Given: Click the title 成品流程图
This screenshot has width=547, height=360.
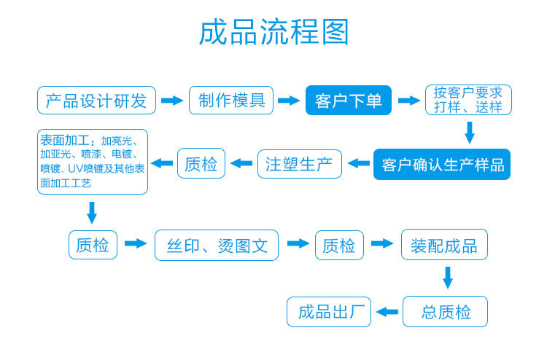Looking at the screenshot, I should pyautogui.click(x=273, y=33).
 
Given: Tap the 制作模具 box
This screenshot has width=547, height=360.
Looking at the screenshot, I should pyautogui.click(x=231, y=101).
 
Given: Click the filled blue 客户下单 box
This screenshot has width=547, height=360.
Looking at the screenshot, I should pyautogui.click(x=349, y=101).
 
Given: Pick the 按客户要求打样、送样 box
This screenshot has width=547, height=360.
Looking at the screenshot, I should pyautogui.click(x=468, y=100).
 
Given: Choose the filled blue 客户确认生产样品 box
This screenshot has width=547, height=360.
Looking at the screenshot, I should pyautogui.click(x=442, y=164).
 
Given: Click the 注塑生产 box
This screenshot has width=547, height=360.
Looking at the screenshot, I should pyautogui.click(x=299, y=164).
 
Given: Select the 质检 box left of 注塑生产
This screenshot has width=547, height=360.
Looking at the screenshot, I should pyautogui.click(x=201, y=164).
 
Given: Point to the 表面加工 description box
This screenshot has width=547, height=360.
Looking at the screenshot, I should pyautogui.click(x=93, y=162).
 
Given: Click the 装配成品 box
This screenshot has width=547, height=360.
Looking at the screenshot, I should pyautogui.click(x=444, y=245).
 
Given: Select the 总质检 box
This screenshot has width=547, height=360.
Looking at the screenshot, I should pyautogui.click(x=445, y=311).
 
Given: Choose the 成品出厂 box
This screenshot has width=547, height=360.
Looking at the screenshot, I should pyautogui.click(x=329, y=311).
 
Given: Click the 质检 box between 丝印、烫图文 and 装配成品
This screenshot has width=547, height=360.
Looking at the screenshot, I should pyautogui.click(x=339, y=245).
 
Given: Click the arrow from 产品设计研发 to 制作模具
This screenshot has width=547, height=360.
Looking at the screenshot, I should pyautogui.click(x=172, y=101).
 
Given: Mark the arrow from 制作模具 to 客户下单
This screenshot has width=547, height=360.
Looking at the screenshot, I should pyautogui.click(x=289, y=101).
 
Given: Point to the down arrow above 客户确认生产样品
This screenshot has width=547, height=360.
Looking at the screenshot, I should pyautogui.click(x=470, y=132).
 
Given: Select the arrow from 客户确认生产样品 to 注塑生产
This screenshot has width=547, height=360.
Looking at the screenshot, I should pyautogui.click(x=358, y=164).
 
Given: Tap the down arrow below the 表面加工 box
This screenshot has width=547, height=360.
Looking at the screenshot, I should pyautogui.click(x=92, y=212).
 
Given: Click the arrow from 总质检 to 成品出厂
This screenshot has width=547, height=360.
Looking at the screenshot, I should pyautogui.click(x=387, y=311).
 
